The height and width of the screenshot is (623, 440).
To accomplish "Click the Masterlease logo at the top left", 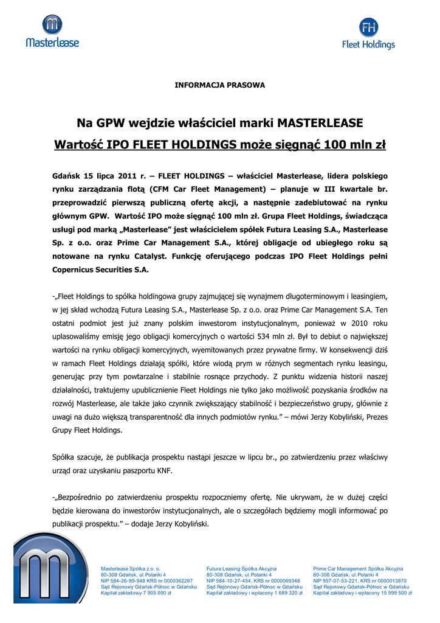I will coord(52,31).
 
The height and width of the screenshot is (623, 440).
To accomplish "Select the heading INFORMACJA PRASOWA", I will coord(220,85).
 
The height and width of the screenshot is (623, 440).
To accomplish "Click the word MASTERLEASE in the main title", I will coord(320,123).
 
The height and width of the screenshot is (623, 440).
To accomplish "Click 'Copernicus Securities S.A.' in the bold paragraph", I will coord(101,269).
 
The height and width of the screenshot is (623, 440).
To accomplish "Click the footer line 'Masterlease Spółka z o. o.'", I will coord(130,568).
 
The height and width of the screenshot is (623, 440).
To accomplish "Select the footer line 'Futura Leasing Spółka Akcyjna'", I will coord(241,568).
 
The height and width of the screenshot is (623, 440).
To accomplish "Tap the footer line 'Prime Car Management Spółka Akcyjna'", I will coord(358,568).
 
